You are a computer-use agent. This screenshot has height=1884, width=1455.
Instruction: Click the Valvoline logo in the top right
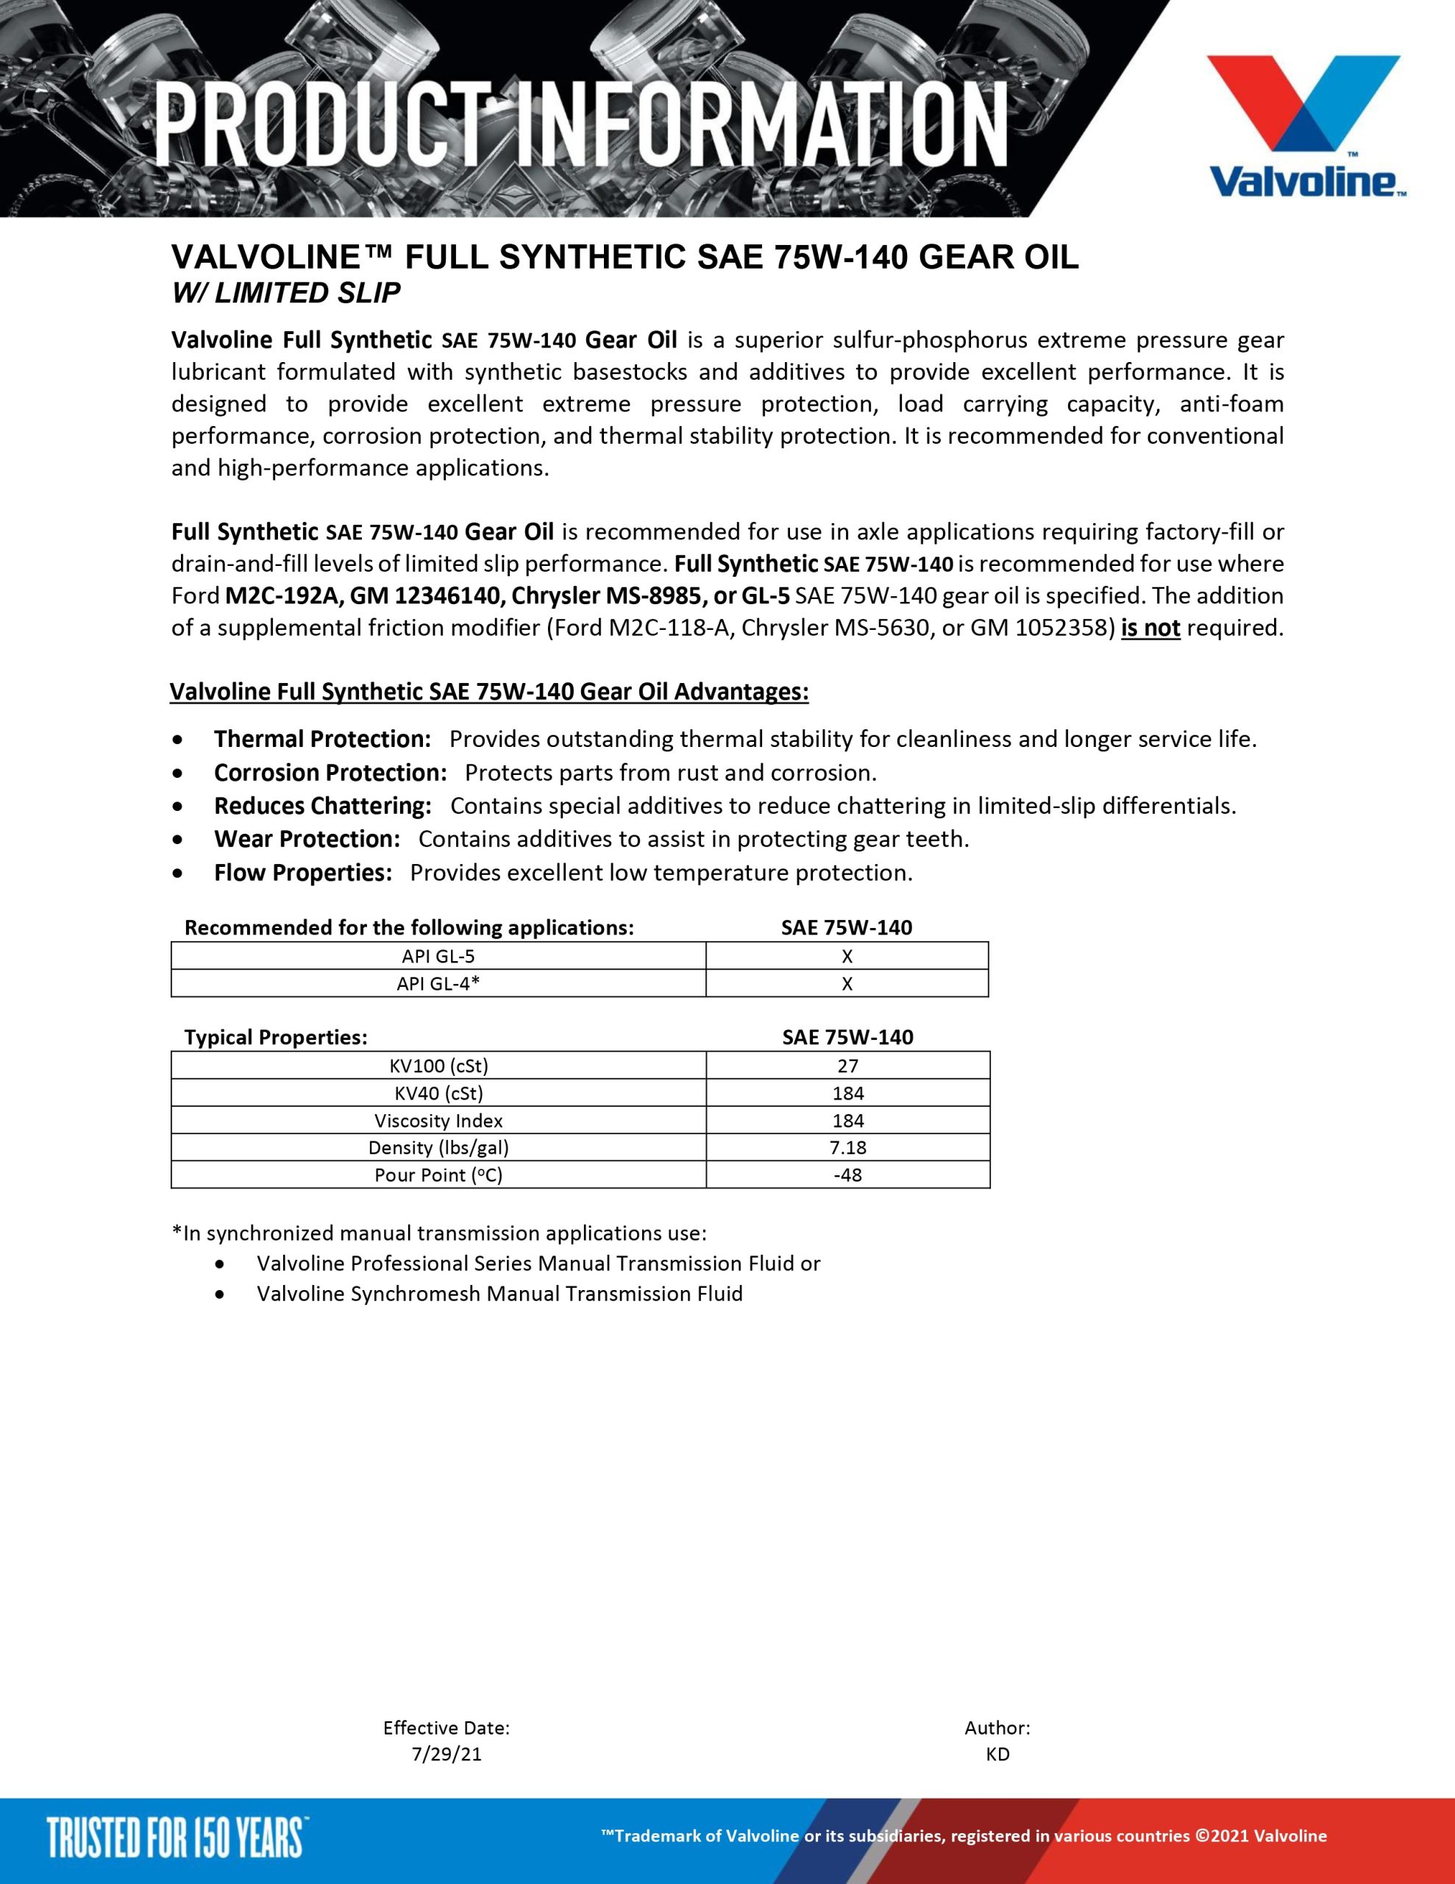coord(1303,126)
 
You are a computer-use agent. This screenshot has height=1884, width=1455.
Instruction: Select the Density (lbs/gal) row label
coord(438,1147)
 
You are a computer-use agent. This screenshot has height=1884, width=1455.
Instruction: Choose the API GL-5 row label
coord(438,956)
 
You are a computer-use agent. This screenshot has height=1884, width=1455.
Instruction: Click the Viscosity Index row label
coord(438,1121)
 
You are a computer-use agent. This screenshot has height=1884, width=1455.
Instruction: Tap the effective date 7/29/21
coord(447,1754)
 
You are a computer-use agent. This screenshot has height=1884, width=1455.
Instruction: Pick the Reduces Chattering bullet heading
coord(323,807)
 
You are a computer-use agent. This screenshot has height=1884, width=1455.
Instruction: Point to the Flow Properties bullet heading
coord(303,873)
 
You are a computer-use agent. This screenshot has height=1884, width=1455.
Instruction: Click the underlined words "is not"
coord(1150,628)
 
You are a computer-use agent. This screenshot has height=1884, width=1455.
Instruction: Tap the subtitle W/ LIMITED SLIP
coord(286,294)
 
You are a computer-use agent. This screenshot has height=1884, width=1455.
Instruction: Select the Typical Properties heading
coord(276,1038)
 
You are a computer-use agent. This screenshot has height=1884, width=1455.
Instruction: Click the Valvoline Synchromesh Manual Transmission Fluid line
coord(499,1294)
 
